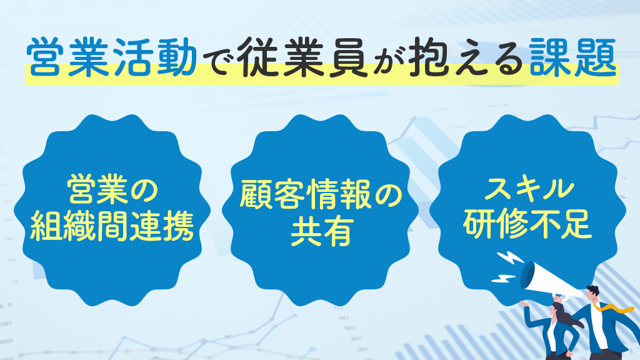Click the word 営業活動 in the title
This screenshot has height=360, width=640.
pos(112,57)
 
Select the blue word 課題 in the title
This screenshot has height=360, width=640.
pos(572,57)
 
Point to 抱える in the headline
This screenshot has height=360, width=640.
pos(465,57)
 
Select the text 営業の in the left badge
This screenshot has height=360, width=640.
pos(112,189)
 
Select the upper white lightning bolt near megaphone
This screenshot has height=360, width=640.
pos(509,259)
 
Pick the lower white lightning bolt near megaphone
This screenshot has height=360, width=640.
pos(504,278)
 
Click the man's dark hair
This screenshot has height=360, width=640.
pos(594,290)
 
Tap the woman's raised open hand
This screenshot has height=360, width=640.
pos(525,303)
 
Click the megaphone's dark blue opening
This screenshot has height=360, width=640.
pos(527,275)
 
